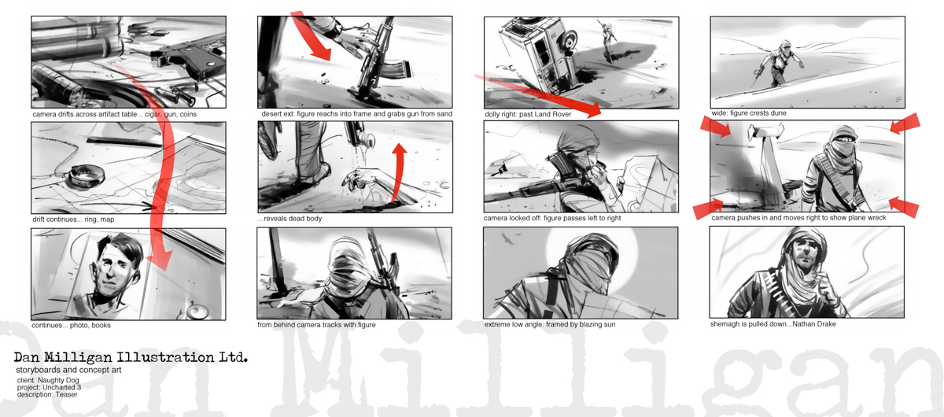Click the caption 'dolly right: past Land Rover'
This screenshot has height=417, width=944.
[x=528, y=114]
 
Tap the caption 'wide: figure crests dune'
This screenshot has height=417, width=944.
[x=749, y=113]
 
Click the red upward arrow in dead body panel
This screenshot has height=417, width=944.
[x=398, y=172]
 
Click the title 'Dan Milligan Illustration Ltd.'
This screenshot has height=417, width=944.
[x=131, y=357]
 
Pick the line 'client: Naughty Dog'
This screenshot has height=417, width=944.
[x=48, y=380]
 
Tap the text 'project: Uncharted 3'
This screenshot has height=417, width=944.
[x=49, y=387]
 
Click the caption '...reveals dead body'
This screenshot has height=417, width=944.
[x=290, y=219]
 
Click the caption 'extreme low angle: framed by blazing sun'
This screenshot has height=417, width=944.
[x=550, y=324]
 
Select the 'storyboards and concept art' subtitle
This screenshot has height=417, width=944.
[x=68, y=370]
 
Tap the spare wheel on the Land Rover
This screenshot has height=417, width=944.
[x=567, y=42]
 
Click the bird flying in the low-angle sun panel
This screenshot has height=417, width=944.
[x=507, y=240]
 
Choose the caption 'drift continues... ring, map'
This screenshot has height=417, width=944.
[x=73, y=220]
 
